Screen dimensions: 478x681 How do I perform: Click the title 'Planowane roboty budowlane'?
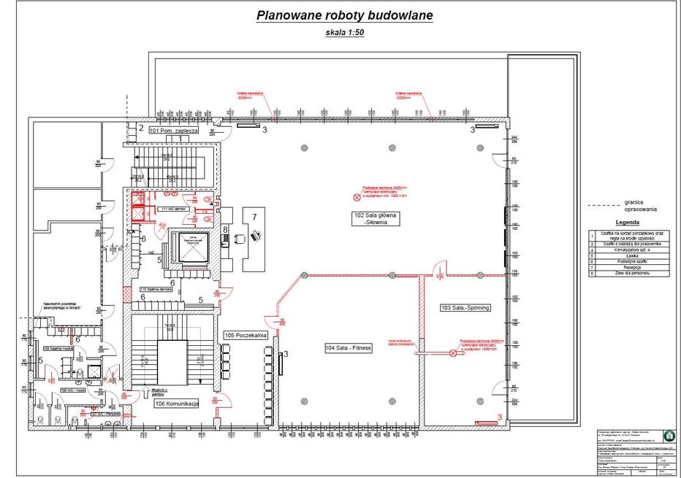pyautogui.click(x=343, y=16)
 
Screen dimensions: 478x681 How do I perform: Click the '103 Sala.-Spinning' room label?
pyautogui.click(x=465, y=308)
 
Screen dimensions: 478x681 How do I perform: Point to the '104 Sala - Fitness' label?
pyautogui.click(x=349, y=349)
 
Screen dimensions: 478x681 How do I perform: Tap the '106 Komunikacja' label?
pyautogui.click(x=176, y=404)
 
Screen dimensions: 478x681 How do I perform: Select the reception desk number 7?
pyautogui.click(x=254, y=217)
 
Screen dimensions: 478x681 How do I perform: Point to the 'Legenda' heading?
pyautogui.click(x=627, y=223)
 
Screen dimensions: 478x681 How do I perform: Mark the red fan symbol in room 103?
pyautogui.click(x=453, y=353)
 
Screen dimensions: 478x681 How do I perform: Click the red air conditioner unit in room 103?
pyautogui.click(x=484, y=423)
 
